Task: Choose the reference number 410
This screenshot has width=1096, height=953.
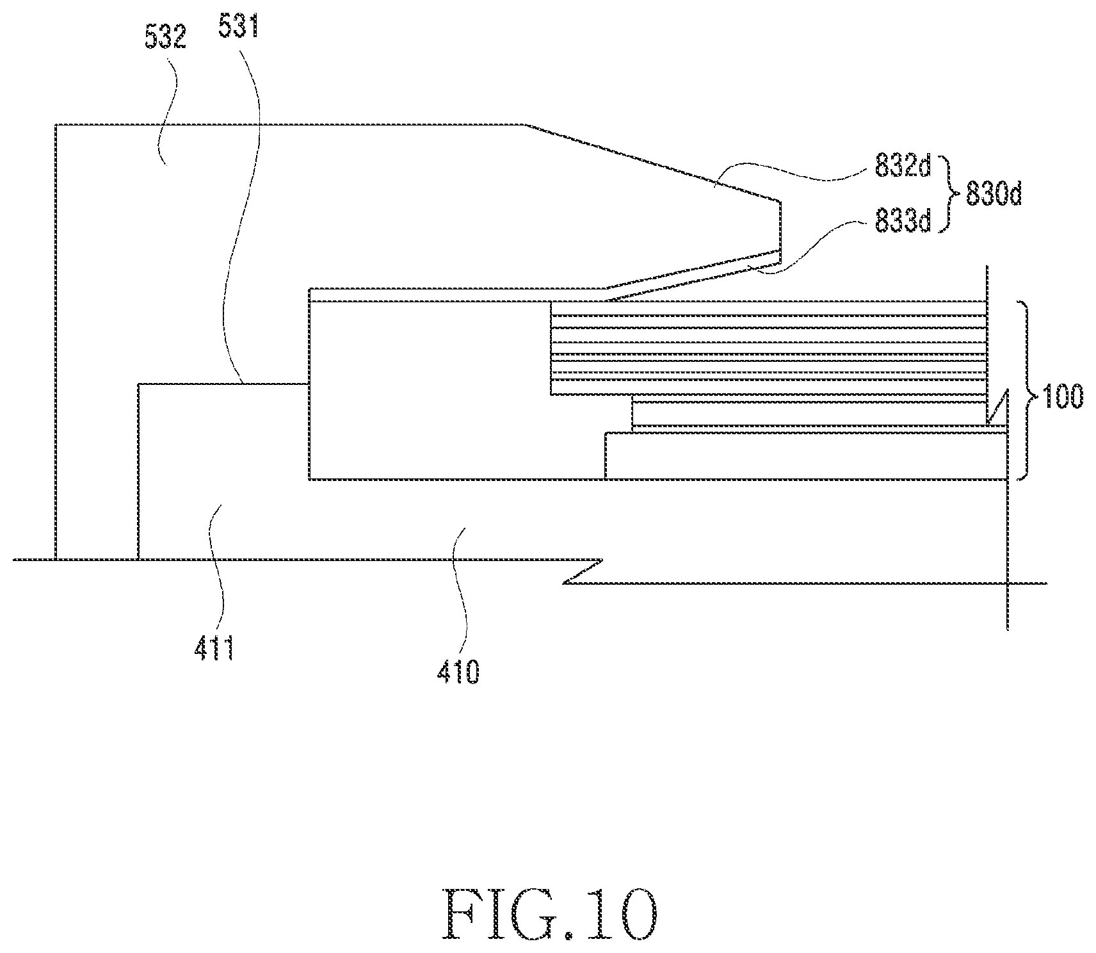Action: [x=458, y=672]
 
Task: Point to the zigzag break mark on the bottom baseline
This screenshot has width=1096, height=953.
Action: [x=583, y=571]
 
